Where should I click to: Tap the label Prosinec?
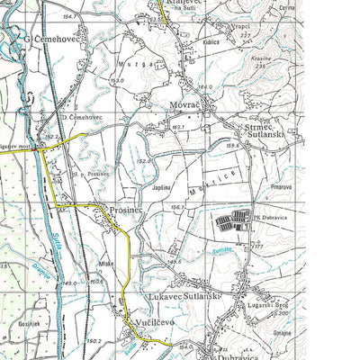[x=126, y=210]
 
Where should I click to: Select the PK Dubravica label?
[x=270, y=215]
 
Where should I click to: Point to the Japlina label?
[x=162, y=187]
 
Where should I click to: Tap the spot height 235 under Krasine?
[x=260, y=66]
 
